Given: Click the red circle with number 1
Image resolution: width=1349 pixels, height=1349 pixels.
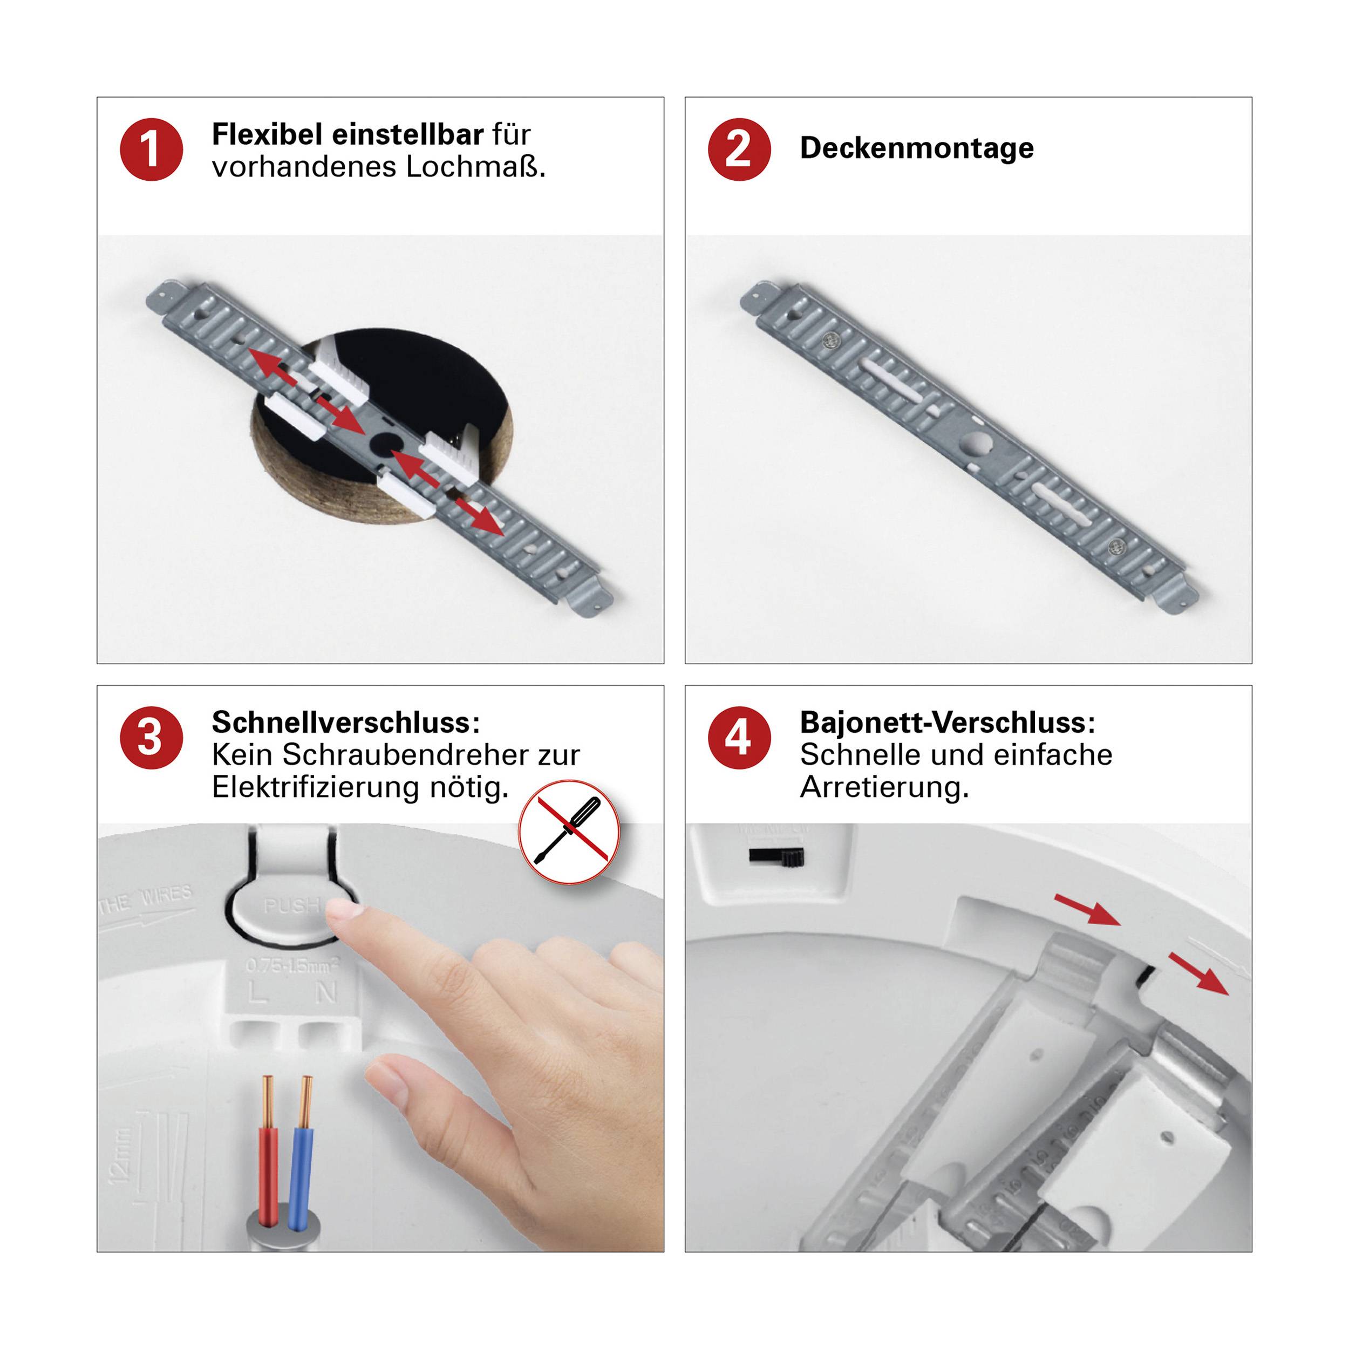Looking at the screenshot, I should [151, 149].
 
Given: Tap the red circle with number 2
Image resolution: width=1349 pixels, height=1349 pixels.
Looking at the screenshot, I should [739, 149].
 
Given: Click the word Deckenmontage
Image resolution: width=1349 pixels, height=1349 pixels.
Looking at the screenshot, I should [916, 148].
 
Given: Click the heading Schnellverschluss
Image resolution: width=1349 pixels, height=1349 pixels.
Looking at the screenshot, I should [345, 722].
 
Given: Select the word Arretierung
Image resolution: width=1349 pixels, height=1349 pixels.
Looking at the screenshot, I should [884, 788].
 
